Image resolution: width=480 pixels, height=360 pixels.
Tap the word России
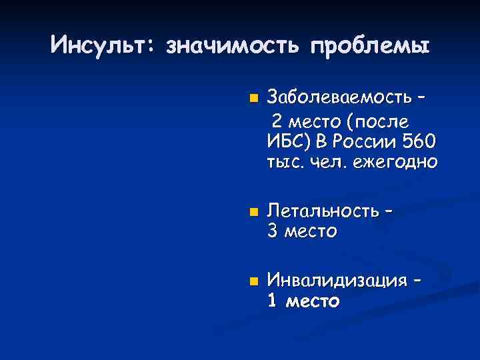361,142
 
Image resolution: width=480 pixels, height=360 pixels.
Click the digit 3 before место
272,231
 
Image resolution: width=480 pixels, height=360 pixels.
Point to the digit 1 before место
271,301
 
